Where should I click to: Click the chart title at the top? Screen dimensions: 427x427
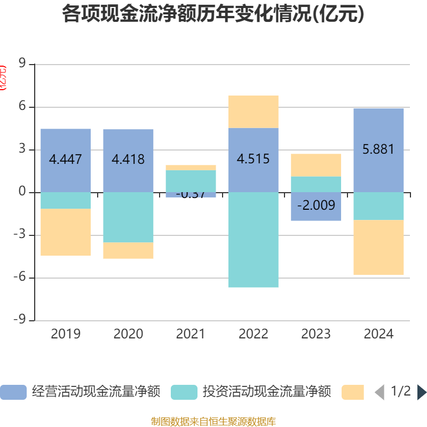213,14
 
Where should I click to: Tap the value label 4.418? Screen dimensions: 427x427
128,159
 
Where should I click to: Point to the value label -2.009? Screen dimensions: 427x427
316,205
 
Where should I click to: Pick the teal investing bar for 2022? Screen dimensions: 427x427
253,240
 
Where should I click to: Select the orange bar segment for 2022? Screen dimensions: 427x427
253,112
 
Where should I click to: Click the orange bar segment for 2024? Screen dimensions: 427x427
378,247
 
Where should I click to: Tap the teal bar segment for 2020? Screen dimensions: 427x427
128,217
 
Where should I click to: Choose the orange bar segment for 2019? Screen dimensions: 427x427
66,232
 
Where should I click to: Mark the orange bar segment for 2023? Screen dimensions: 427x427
316,165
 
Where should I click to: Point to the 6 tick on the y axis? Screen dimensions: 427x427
23,107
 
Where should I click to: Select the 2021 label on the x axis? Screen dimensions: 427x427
191,334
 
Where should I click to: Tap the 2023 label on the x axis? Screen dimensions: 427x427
316,334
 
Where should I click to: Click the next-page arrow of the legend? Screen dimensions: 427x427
422,392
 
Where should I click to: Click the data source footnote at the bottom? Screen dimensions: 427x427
213,422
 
